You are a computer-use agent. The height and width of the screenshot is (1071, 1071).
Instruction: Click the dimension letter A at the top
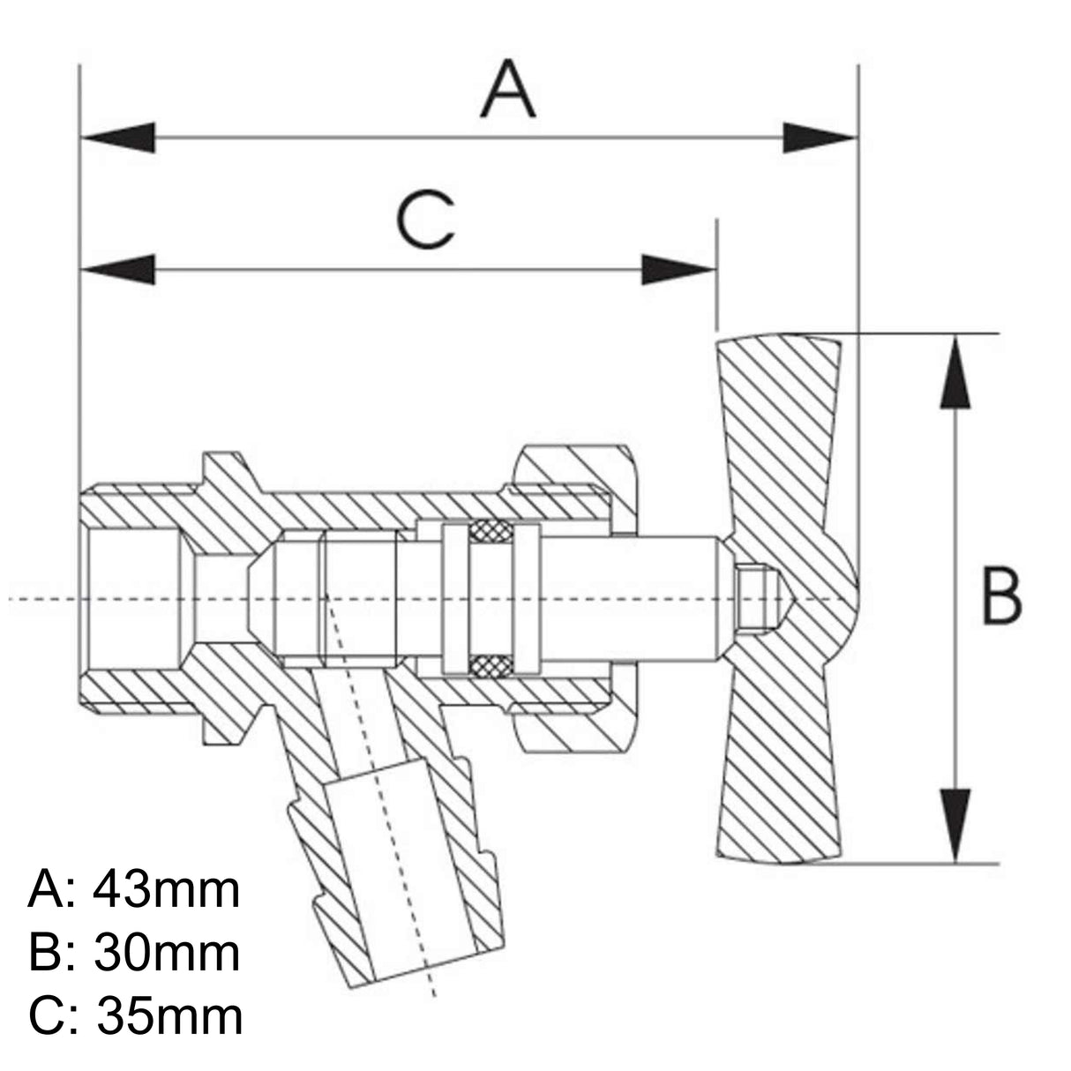point(508,90)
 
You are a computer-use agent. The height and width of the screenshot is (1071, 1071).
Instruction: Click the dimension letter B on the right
point(1002,597)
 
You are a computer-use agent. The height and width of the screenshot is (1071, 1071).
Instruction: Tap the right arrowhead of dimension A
point(820,138)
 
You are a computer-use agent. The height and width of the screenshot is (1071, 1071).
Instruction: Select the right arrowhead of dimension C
point(678,270)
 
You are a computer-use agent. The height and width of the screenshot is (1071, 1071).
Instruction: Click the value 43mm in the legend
point(166,889)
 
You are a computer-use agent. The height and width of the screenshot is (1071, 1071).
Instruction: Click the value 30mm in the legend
point(166,953)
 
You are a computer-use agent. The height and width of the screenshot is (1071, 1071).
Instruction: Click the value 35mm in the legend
point(168,1016)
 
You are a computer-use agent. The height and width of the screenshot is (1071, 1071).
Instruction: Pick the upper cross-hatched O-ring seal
point(483,532)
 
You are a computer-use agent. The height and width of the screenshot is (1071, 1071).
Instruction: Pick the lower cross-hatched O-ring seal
point(483,665)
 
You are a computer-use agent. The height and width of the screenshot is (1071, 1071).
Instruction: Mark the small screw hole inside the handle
point(754,598)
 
